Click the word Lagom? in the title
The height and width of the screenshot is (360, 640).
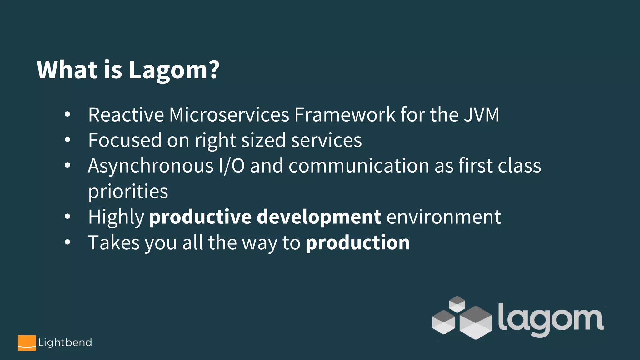(x=174, y=70)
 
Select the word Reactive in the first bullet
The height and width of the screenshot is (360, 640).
(x=126, y=115)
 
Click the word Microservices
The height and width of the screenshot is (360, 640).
(x=229, y=115)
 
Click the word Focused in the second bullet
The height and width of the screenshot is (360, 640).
(x=125, y=140)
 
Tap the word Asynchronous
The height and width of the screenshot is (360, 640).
(x=151, y=166)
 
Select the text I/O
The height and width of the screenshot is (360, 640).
(x=232, y=166)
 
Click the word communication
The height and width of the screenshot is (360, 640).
(x=359, y=166)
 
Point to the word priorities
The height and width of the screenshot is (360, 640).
(x=128, y=192)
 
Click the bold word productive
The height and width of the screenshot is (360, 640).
(x=200, y=217)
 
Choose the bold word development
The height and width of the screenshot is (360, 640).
(x=319, y=217)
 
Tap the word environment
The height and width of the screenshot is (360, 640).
(x=444, y=217)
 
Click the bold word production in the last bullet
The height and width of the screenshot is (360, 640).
(x=357, y=243)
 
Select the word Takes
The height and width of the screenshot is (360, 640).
(x=114, y=243)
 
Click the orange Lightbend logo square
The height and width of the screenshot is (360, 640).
(x=27, y=343)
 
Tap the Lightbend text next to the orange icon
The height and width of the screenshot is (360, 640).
(x=65, y=343)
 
